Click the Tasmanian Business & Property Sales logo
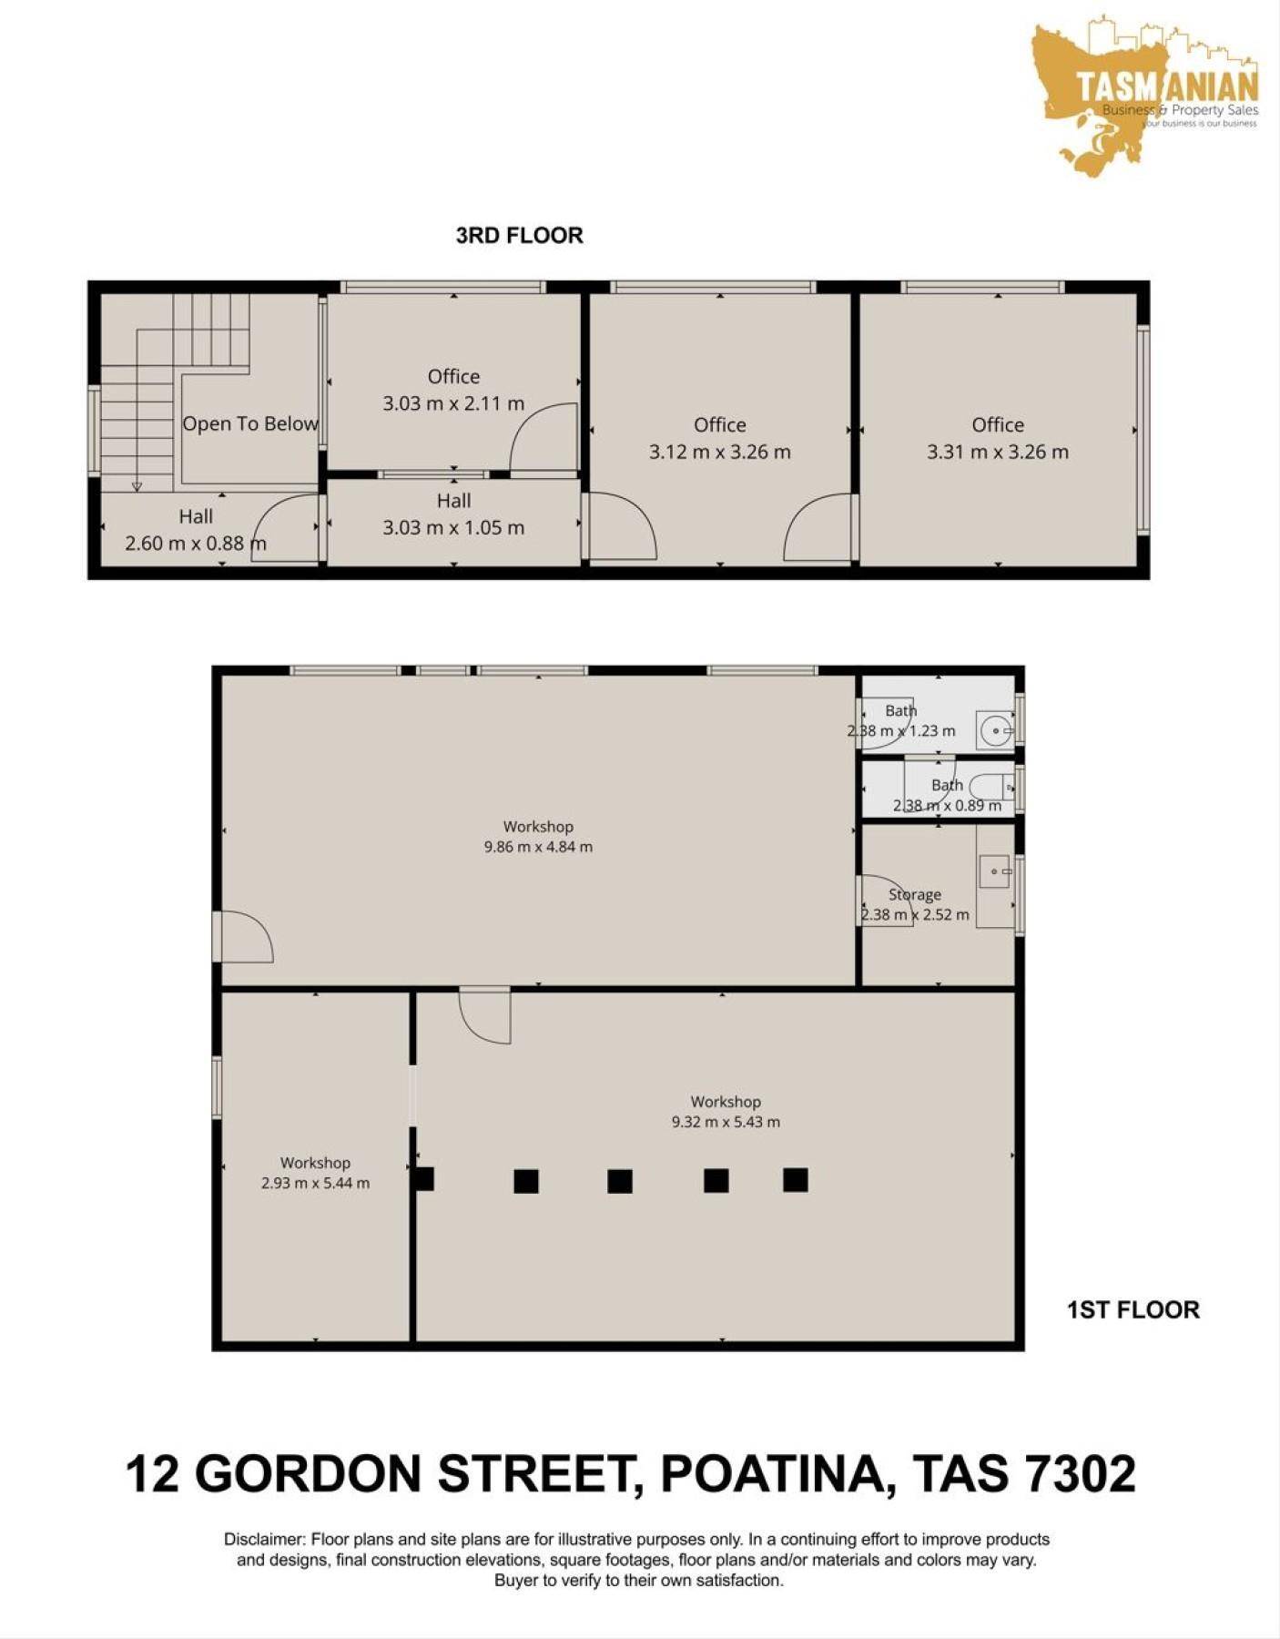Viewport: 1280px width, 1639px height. [1145, 96]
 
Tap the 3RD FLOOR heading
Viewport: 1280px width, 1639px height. [519, 236]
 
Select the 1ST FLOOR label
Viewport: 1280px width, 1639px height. [1133, 1310]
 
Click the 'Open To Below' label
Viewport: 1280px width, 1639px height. [250, 423]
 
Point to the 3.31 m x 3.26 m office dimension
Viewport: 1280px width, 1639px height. [998, 452]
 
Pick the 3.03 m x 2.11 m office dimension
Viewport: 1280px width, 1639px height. [453, 403]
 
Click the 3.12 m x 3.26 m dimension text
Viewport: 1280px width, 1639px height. [719, 452]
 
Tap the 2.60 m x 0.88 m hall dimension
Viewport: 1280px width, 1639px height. [196, 544]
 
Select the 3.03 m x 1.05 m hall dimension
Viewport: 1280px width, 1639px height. [453, 527]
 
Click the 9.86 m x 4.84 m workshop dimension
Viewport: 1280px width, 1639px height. [538, 847]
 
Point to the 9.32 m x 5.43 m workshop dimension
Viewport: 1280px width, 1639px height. [726, 1122]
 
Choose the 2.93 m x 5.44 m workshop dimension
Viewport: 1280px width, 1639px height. [315, 1184]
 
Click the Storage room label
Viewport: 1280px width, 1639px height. [915, 895]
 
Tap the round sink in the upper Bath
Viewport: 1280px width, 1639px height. [998, 730]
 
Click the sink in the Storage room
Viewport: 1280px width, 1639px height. [994, 871]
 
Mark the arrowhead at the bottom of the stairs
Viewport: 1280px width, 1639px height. [137, 486]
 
